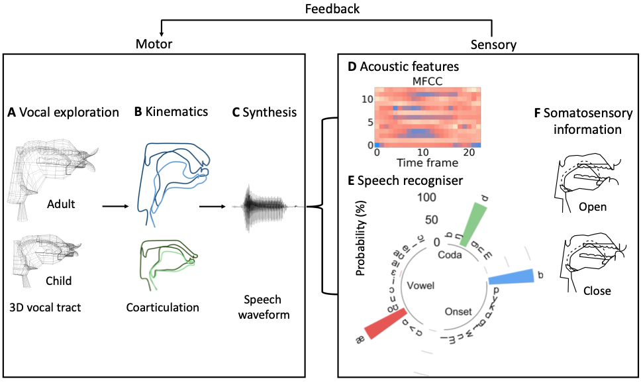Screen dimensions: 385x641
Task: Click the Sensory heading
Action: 493,44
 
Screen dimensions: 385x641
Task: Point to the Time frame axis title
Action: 427,162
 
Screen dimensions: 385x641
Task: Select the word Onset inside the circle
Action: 458,311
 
